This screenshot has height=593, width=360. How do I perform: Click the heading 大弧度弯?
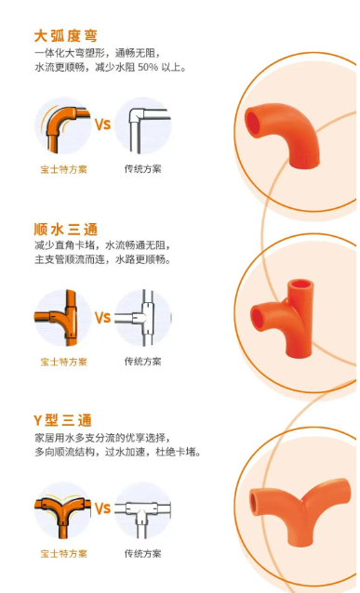click(x=66, y=36)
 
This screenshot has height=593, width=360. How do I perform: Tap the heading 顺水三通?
click(x=66, y=230)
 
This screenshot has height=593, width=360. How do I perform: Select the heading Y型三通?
click(x=63, y=420)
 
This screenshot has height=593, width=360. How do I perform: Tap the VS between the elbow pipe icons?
click(x=102, y=125)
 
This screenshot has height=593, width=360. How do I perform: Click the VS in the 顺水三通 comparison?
click(x=102, y=318)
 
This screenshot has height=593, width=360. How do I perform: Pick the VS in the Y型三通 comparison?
click(x=102, y=508)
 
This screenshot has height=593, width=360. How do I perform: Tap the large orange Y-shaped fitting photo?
click(x=299, y=510)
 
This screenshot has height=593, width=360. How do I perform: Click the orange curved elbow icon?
click(x=63, y=126)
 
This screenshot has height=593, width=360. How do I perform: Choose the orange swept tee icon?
click(x=62, y=318)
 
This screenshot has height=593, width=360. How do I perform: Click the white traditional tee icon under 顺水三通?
click(x=144, y=318)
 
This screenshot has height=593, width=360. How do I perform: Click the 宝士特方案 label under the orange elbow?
click(x=64, y=169)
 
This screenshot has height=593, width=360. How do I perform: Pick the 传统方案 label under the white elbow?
click(x=143, y=168)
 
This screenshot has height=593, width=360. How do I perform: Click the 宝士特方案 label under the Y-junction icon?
click(x=64, y=554)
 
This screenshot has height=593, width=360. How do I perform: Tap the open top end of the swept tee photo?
click(x=300, y=284)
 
